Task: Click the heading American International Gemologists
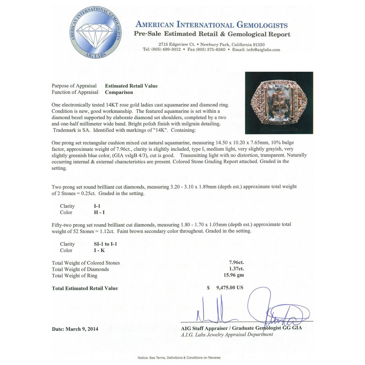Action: coord(211,25)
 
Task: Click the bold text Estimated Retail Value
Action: coord(131,86)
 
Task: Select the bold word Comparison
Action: coord(119,92)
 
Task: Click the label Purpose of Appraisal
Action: coord(74,86)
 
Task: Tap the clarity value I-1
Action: coord(97,206)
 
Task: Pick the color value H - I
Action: coord(99,213)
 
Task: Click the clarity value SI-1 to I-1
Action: coord(105,244)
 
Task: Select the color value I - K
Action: coord(99,251)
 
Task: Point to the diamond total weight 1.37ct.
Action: coord(236,269)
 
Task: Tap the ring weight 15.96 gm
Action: coord(234,275)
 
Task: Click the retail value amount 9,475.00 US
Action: coord(230,288)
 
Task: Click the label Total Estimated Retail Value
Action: coord(85,288)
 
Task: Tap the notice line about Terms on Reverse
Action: coord(179,358)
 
